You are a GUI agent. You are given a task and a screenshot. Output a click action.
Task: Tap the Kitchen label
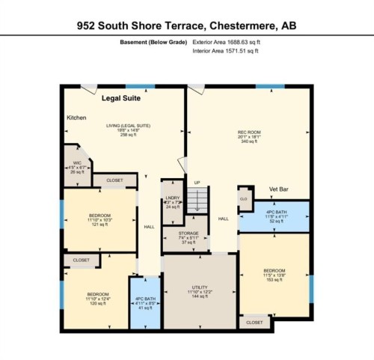tap(77, 118)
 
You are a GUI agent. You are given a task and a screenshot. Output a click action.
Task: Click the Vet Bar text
tap(281, 190)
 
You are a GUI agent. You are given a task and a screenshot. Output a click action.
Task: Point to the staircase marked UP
tap(197, 199)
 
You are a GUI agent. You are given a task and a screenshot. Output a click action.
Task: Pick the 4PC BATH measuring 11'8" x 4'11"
tap(275, 213)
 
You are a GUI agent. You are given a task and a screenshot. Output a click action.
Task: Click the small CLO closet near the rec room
tap(244, 198)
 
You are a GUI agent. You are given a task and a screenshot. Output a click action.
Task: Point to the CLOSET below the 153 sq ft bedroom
tap(254, 322)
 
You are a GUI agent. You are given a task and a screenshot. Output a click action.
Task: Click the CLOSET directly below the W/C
tap(114, 180)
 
